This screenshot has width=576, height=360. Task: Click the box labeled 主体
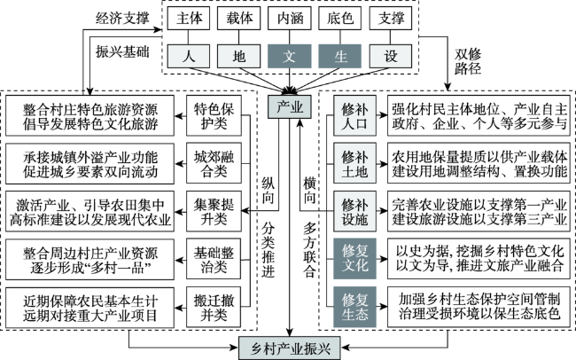[x=189, y=18]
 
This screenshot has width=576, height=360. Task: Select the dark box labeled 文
[x=289, y=56]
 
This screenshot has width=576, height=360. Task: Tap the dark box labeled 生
[x=339, y=56]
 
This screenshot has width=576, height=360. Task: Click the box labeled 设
[x=391, y=56]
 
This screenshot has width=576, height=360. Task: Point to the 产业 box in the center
[x=290, y=107]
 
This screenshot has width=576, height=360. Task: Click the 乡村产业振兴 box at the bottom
[x=290, y=348]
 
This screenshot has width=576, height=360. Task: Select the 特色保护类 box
[x=214, y=116]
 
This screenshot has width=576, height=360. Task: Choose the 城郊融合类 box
[x=214, y=163]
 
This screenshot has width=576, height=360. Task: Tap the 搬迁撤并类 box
[x=214, y=308]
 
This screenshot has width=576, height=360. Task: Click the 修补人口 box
[x=354, y=116]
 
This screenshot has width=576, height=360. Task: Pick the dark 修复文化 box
[x=354, y=259]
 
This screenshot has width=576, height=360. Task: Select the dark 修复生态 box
[x=354, y=307]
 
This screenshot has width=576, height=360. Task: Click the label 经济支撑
[x=122, y=18]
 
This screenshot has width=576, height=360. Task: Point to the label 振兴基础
[x=122, y=51]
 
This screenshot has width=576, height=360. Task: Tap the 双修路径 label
[x=468, y=61]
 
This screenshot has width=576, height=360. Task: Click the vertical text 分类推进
[x=269, y=250]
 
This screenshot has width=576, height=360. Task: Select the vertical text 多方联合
[x=309, y=250]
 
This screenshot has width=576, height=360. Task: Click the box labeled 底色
[x=339, y=18]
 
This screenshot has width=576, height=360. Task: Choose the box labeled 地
[x=238, y=56]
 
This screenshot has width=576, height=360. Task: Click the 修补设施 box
[x=354, y=211]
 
